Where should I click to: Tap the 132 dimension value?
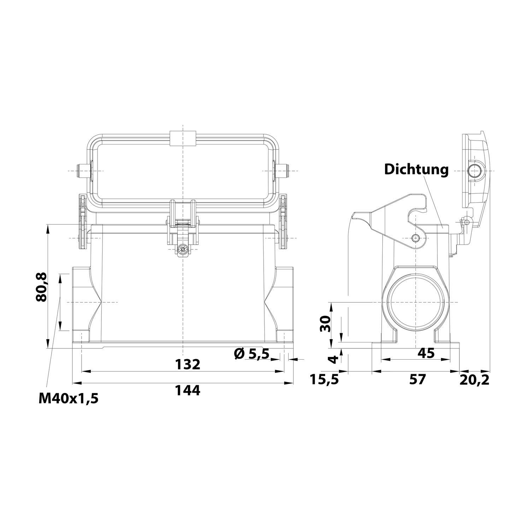tap(188, 364)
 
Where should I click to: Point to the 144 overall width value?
tap(188, 390)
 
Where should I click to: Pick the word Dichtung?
tap(416, 169)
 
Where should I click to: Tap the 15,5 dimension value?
tap(324, 380)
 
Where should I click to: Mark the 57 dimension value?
tap(417, 380)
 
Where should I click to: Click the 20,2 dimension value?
tap(475, 380)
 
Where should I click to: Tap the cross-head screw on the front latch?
tap(182, 250)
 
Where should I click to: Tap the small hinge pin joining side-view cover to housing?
tap(467, 222)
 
